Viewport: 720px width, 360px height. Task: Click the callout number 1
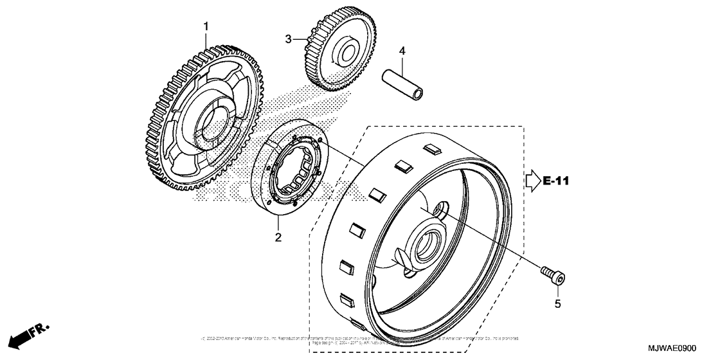click(x=206, y=26)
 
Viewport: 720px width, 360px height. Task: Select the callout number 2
click(x=278, y=237)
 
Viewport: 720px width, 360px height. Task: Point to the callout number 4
click(x=402, y=50)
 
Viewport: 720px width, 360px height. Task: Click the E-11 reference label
click(x=556, y=181)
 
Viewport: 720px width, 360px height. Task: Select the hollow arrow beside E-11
click(x=532, y=181)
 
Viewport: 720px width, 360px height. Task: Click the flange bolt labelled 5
click(x=555, y=276)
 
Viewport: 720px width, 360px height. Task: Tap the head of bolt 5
click(x=561, y=278)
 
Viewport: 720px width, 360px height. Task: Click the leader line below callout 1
click(x=207, y=39)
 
